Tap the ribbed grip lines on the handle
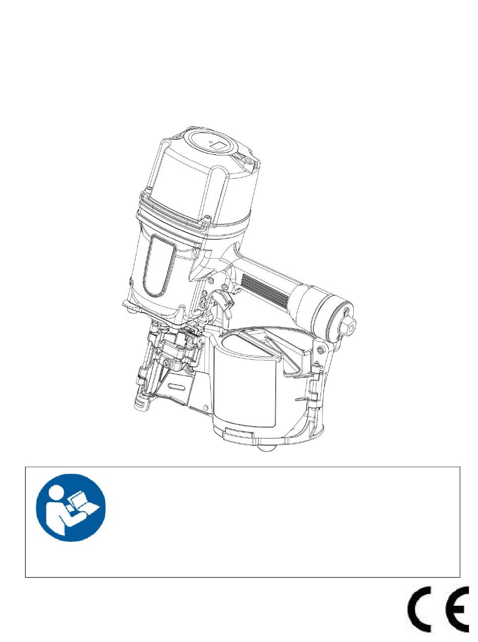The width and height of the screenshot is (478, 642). click(264, 289)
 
